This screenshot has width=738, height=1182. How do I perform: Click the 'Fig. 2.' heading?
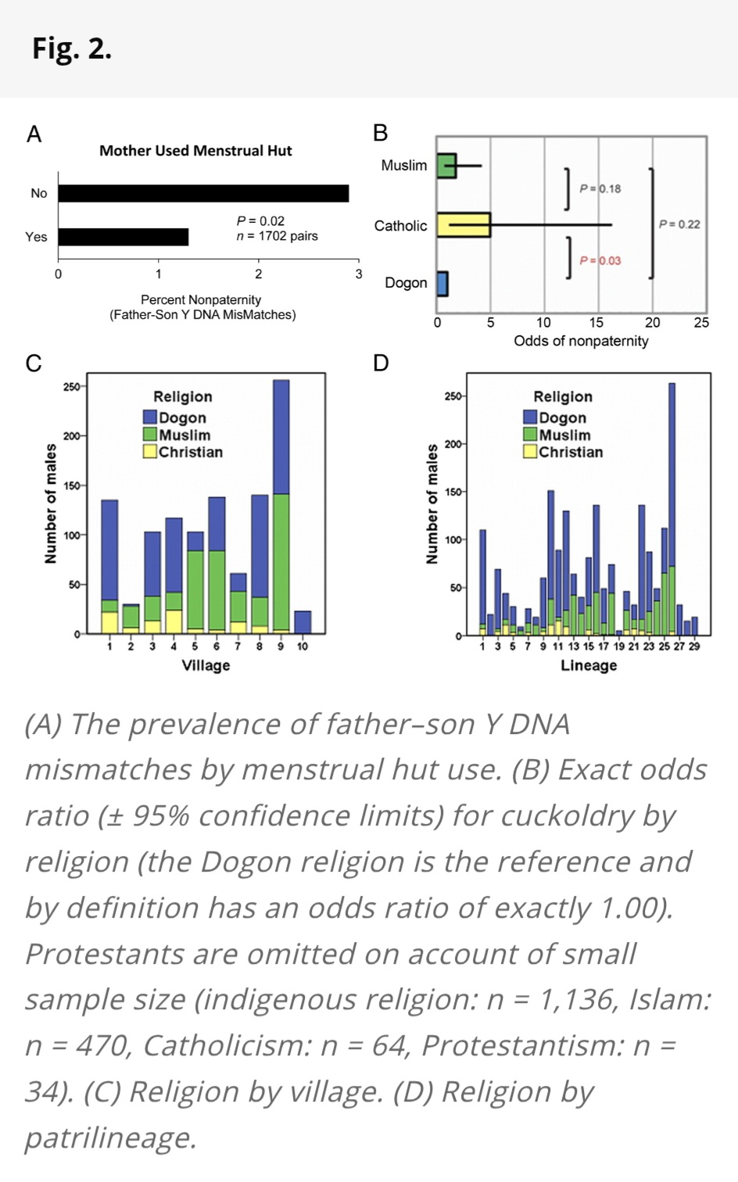72,48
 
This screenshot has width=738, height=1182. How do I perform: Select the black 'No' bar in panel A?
203,193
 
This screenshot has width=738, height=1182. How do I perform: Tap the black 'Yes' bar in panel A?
124,237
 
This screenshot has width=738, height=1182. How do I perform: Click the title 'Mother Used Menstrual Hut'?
195,151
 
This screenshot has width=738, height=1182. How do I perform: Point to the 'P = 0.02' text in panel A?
261,221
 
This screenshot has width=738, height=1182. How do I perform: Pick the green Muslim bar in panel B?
446,166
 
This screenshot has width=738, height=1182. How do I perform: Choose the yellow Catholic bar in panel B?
464,225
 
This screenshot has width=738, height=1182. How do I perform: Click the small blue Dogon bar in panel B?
442,284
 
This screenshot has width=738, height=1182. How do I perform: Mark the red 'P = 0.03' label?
600,260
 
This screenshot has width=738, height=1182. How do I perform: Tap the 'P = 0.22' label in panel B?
679,224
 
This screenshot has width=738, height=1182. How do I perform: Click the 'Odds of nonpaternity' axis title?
581,341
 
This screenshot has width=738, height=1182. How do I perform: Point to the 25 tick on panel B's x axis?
701,323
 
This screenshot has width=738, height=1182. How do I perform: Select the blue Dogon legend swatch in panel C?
150,417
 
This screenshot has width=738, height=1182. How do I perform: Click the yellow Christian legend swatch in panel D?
530,451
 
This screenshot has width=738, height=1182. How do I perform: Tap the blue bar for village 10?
303,622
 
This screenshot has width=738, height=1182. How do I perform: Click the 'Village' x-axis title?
206,665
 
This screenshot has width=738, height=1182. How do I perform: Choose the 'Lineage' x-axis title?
589,665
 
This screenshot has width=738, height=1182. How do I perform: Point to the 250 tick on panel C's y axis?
71,387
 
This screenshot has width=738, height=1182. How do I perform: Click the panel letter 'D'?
381,363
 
